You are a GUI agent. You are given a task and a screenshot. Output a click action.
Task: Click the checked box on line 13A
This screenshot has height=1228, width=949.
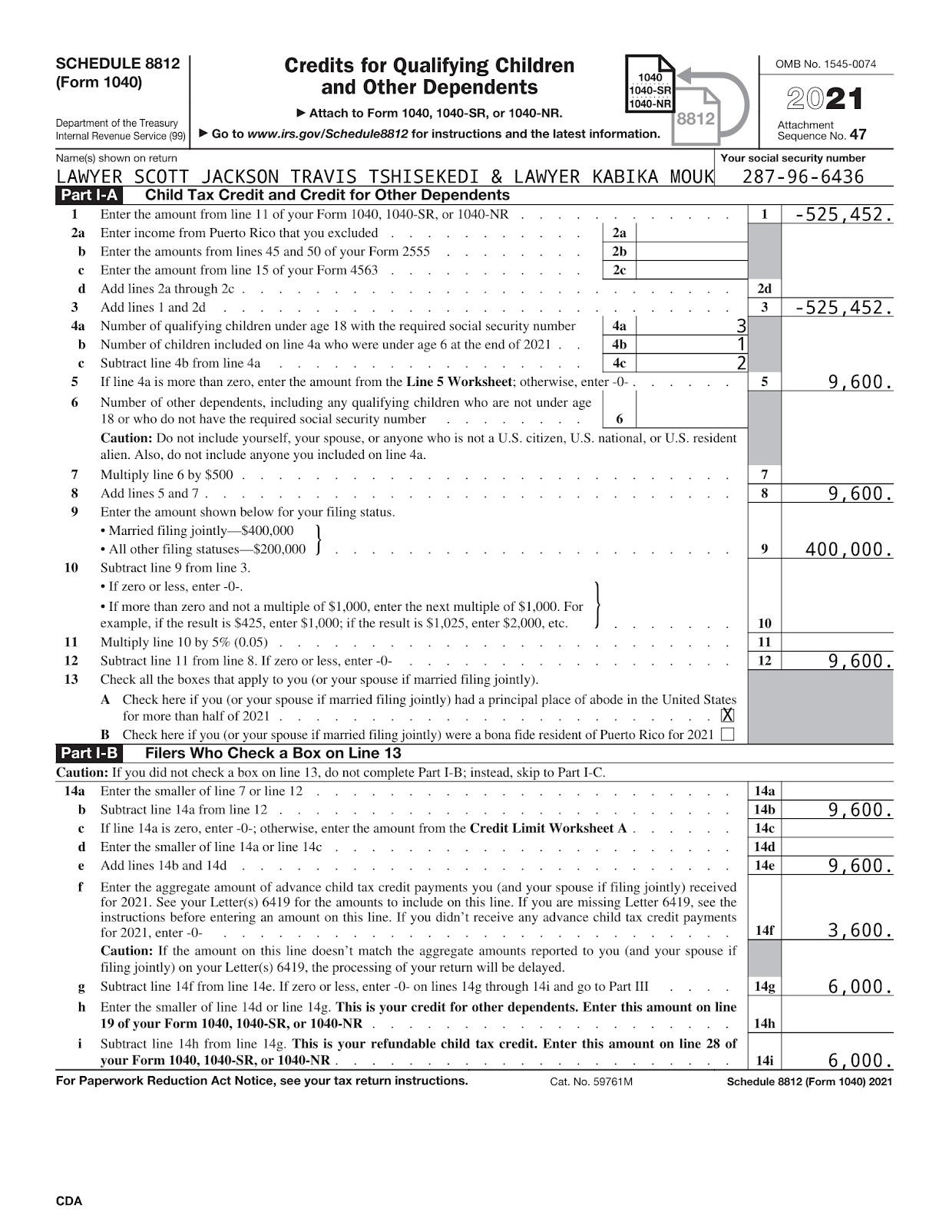pos(727,715)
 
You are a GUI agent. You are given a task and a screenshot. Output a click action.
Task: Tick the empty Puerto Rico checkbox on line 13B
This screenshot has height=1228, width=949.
pos(727,734)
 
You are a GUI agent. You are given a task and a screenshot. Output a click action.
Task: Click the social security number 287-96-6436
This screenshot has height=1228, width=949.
pos(802,177)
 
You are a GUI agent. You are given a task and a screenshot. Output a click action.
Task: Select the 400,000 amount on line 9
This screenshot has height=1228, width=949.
pos(848,550)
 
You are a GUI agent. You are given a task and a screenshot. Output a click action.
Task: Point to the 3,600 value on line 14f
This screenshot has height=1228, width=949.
pos(860,931)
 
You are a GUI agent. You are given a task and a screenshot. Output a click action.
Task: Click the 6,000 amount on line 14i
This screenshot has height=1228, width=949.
pos(860,1061)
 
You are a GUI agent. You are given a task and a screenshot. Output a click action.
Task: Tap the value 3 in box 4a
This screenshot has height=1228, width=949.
pos(741,326)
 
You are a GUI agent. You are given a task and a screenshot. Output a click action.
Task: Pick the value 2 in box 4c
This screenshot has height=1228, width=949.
pos(741,363)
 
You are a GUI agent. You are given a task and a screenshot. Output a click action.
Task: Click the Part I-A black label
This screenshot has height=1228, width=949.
pos(89,196)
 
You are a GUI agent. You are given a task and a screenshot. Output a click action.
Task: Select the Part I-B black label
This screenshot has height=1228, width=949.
pos(89,753)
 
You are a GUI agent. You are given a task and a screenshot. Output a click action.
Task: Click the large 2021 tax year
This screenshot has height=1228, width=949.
pos(824,99)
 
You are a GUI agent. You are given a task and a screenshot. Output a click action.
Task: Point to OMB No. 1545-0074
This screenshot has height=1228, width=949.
pos(825,64)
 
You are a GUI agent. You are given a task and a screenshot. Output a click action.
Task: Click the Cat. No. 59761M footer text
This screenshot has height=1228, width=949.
pos(590,1081)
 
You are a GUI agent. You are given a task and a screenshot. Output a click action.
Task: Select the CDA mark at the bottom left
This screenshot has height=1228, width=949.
pos(69,1201)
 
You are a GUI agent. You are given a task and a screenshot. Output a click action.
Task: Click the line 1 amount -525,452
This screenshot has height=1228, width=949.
pos(843,215)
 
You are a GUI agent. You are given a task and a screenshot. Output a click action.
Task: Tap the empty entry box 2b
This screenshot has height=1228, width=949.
pos(691,252)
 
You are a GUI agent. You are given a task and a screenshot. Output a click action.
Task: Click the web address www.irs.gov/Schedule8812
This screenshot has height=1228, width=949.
pos(327,134)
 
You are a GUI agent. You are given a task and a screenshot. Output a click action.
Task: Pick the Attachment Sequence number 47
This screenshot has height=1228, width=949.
pos(858,135)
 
